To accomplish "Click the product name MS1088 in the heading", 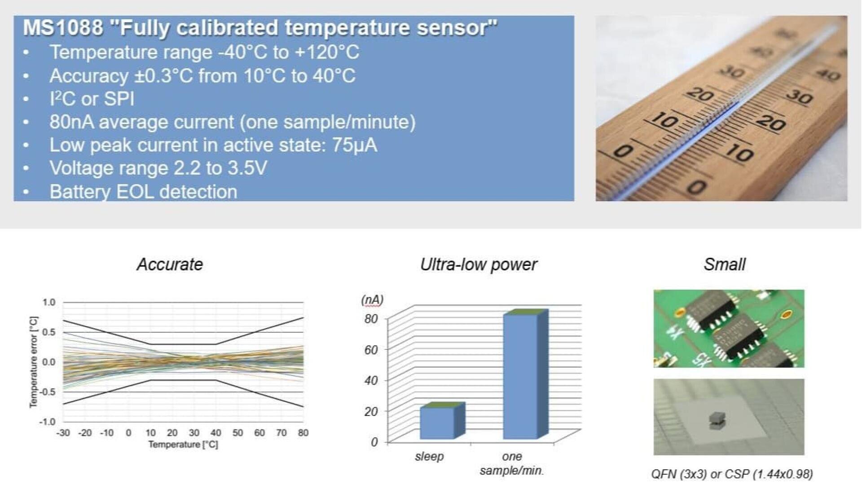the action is coord(63,27).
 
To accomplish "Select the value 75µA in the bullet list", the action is coord(355,145).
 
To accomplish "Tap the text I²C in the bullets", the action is coord(62,99).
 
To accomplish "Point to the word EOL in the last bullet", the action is coord(135,192).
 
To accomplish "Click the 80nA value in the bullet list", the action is coord(72,122).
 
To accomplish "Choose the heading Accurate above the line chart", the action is coord(170,264).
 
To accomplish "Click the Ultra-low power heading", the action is coord(479,265).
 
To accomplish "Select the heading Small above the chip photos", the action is coord(725,264).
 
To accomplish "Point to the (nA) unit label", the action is coord(373,300).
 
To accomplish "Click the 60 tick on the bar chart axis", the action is coord(371,349).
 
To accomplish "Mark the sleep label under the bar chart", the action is coord(429,456).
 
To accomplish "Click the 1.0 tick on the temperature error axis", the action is coord(49,302).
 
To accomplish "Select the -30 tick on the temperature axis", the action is coord(63,433).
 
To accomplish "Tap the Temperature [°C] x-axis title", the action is coord(183,445).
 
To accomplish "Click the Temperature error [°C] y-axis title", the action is coord(33,362).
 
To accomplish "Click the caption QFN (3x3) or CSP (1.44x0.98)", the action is coord(732,474).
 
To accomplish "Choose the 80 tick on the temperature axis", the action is coord(303,433).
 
